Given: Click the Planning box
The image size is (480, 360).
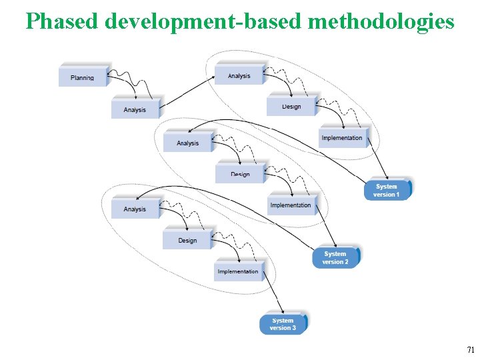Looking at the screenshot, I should [x=83, y=77].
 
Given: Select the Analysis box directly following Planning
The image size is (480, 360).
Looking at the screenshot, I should [x=135, y=109].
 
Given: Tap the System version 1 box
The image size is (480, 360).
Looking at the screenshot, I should [x=387, y=189].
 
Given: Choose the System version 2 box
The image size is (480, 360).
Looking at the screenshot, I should [x=335, y=257].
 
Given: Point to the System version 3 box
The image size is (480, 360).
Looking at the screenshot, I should [x=283, y=324].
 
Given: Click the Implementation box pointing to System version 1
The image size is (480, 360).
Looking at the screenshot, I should [x=342, y=137].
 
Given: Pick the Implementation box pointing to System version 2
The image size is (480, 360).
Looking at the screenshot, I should [x=291, y=204].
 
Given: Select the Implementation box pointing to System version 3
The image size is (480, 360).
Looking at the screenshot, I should [x=238, y=271].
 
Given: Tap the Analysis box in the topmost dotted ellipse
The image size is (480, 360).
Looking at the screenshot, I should [x=239, y=75].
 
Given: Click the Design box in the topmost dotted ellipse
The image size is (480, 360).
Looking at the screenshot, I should [x=291, y=106].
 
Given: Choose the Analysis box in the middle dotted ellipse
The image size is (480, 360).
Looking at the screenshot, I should [x=188, y=142].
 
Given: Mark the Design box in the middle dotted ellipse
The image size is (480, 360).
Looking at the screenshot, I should [x=240, y=173].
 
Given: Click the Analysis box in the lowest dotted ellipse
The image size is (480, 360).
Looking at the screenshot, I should [x=135, y=208].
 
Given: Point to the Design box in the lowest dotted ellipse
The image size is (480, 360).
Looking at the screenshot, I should [x=187, y=239].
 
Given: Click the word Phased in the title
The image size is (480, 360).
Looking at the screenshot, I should [x=62, y=21].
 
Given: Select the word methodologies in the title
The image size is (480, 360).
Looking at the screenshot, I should [x=381, y=21].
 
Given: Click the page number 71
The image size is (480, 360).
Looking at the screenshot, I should [x=471, y=349].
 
